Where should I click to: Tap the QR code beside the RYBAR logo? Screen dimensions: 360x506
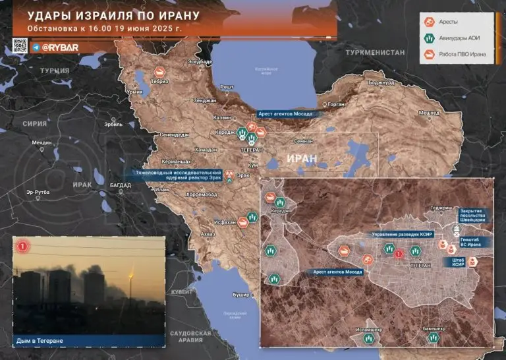pyautogui.click(x=20, y=47)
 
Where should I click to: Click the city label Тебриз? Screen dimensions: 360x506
pyautogui.click(x=159, y=81)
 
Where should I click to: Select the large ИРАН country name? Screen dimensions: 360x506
pyautogui.click(x=302, y=159)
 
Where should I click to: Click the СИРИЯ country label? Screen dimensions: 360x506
pyautogui.click(x=35, y=123)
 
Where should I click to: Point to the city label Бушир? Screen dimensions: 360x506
pyautogui.click(x=242, y=294)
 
